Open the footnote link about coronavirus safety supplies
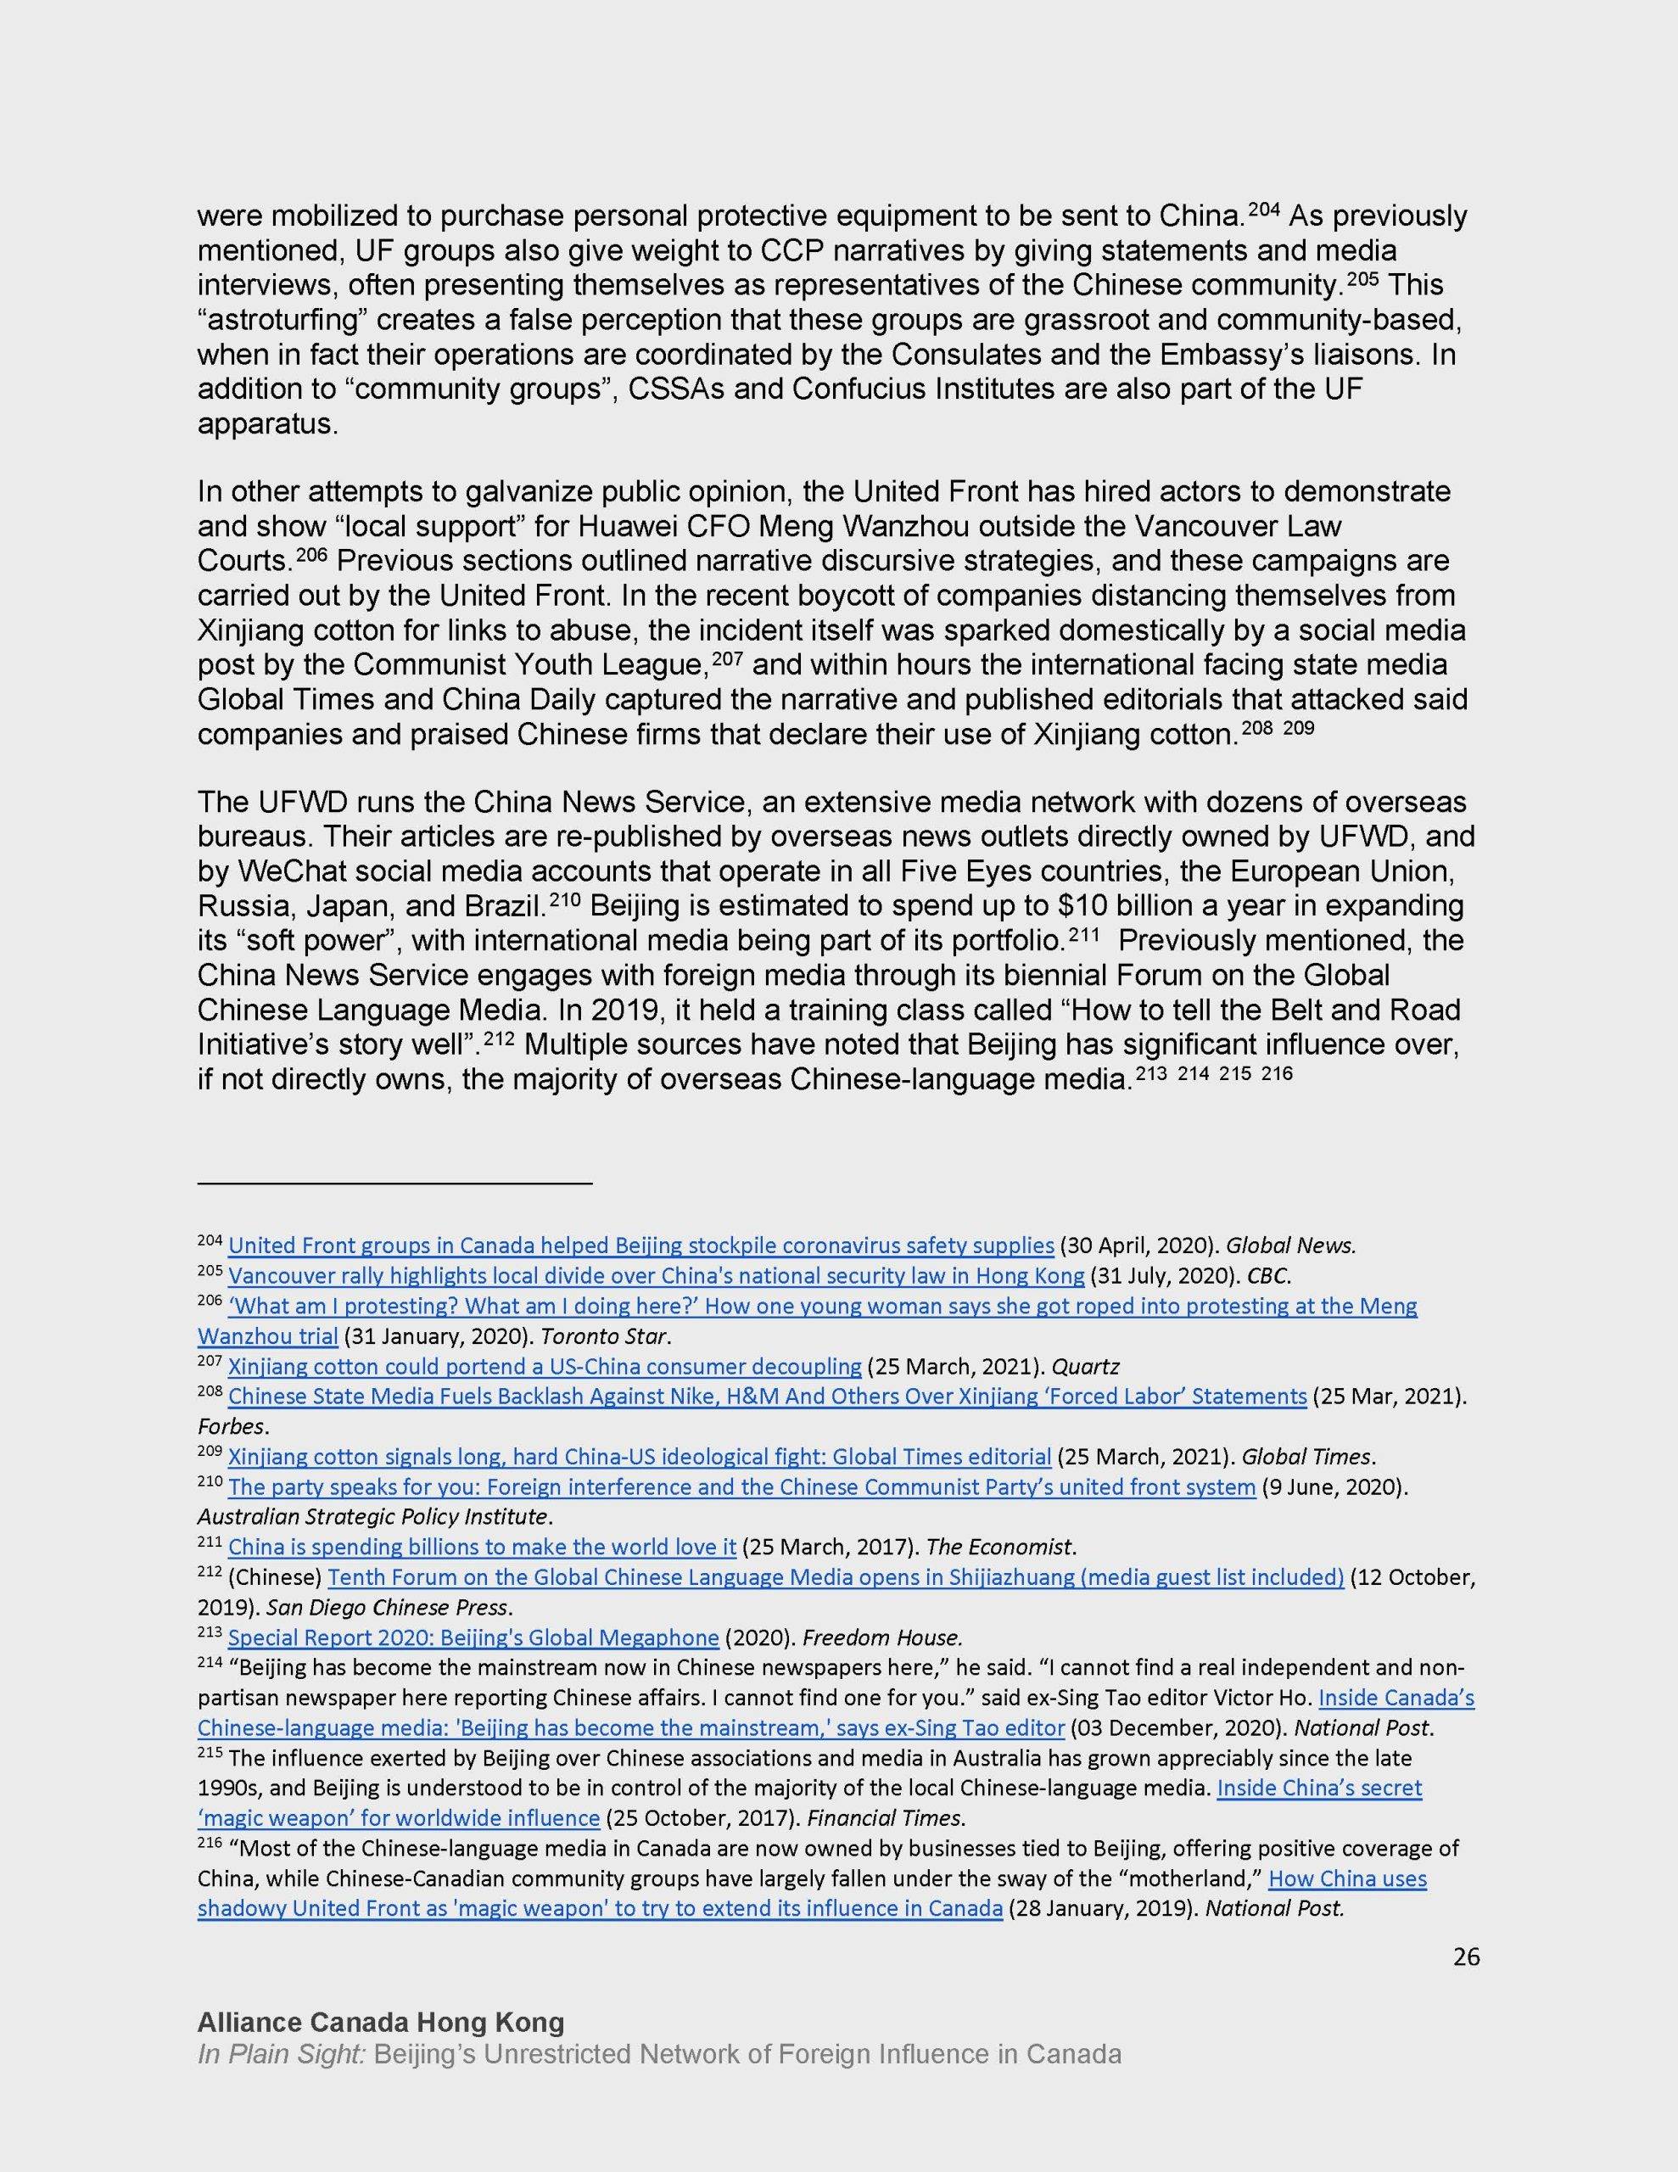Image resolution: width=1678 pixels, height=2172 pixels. (640, 1246)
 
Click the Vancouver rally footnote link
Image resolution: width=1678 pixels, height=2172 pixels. (656, 1275)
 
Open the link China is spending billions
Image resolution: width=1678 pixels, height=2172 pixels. (481, 1547)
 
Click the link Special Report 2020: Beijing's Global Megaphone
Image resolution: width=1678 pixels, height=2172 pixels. (473, 1637)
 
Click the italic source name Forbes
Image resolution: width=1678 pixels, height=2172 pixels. (227, 1425)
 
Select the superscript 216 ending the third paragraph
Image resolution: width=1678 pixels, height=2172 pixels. (1276, 1073)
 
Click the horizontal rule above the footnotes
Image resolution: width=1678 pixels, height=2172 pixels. (394, 1184)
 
